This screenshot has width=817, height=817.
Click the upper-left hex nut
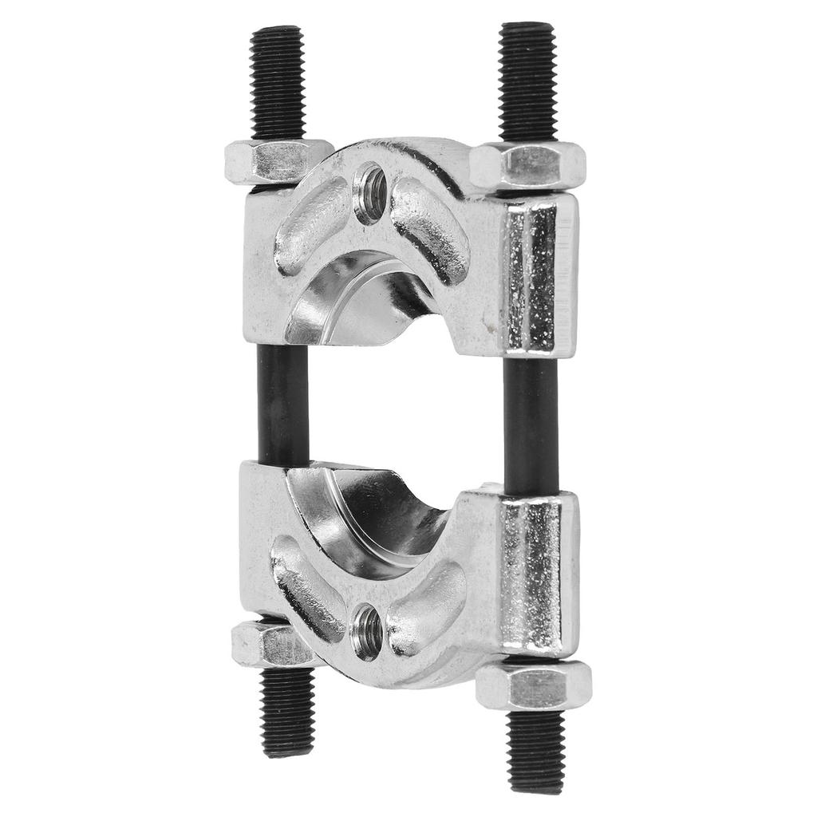pyautogui.click(x=275, y=161)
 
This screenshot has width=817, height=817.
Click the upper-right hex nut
pyautogui.click(x=527, y=166)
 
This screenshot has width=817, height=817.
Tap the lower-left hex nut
pyautogui.click(x=267, y=644)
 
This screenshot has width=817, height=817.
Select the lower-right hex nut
pyautogui.click(x=533, y=685)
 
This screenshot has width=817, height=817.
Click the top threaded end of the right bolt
pyautogui.click(x=527, y=80)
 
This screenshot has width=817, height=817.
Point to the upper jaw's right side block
pyautogui.click(x=539, y=275)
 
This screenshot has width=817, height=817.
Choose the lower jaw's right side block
pyautogui.click(x=539, y=570)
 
